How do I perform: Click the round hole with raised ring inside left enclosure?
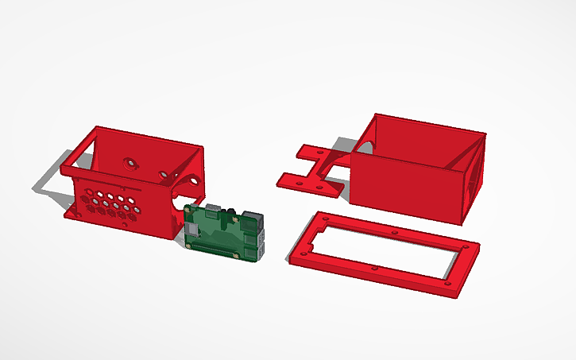pos(130,164)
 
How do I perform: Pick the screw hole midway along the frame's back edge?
pos(396,232)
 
